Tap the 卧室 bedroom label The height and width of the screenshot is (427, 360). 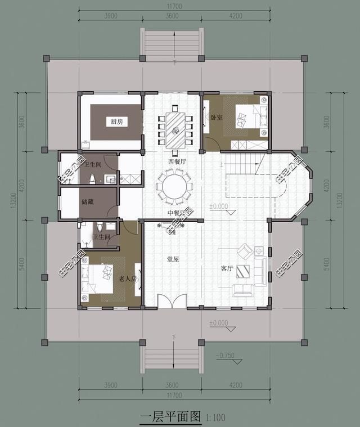217,118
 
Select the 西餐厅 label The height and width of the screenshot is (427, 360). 177,161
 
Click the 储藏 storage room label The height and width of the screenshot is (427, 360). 88,201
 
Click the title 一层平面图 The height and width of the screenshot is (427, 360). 170,416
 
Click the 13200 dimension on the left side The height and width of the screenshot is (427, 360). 15,200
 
